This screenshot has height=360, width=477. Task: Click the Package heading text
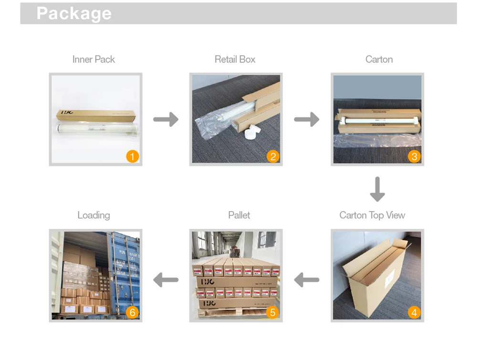click(74, 13)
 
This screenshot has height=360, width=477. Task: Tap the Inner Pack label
click(93, 60)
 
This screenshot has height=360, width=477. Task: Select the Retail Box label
click(235, 60)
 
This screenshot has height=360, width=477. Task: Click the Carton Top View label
click(372, 215)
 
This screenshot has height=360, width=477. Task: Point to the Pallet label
click(239, 215)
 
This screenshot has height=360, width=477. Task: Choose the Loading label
click(93, 215)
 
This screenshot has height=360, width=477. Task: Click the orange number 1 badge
click(132, 156)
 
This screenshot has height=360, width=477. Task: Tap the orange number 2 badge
click(273, 156)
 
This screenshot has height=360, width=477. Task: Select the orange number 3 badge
click(414, 156)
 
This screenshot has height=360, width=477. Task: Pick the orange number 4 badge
click(414, 312)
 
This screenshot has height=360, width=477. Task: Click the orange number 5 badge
click(273, 312)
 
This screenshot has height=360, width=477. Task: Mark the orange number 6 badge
click(132, 312)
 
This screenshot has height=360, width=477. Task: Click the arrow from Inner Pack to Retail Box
click(166, 119)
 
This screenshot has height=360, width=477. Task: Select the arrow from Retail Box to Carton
click(307, 119)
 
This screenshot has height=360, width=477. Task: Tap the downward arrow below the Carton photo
click(377, 189)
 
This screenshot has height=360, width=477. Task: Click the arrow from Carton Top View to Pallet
click(307, 280)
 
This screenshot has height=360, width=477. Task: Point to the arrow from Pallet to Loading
click(166, 280)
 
